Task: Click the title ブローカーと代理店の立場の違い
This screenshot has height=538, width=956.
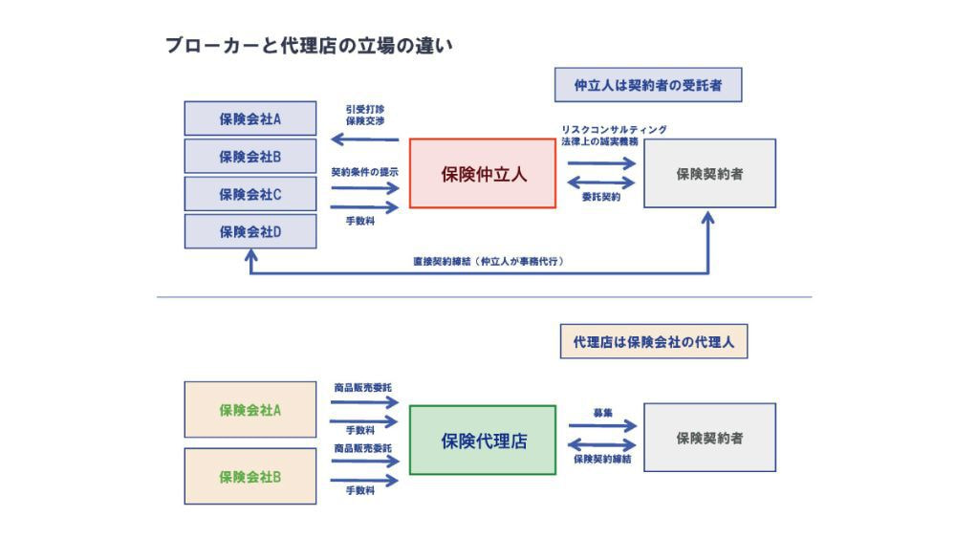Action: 308,46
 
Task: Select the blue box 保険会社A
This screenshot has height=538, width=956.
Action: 250,118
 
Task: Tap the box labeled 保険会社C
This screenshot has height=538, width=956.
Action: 250,194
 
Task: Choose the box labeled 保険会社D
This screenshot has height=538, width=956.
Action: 250,231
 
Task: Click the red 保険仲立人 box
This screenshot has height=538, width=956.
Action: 483,174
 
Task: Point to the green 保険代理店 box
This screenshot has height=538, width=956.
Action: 483,441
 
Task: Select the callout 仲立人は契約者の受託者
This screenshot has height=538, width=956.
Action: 648,85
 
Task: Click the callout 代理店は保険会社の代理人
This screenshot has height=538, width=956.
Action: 653,341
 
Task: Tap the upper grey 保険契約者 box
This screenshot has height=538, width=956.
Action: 709,174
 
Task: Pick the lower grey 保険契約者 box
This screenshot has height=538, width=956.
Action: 709,438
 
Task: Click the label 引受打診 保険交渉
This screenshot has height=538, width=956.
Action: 364,116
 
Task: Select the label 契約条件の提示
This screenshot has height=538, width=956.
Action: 364,173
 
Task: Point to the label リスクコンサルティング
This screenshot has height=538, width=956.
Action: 614,129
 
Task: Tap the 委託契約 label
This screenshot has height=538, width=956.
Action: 601,197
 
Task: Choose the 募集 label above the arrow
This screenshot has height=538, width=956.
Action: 602,413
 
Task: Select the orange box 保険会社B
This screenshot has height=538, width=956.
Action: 250,476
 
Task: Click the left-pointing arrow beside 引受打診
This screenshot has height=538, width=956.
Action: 364,141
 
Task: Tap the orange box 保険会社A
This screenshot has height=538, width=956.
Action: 250,410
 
